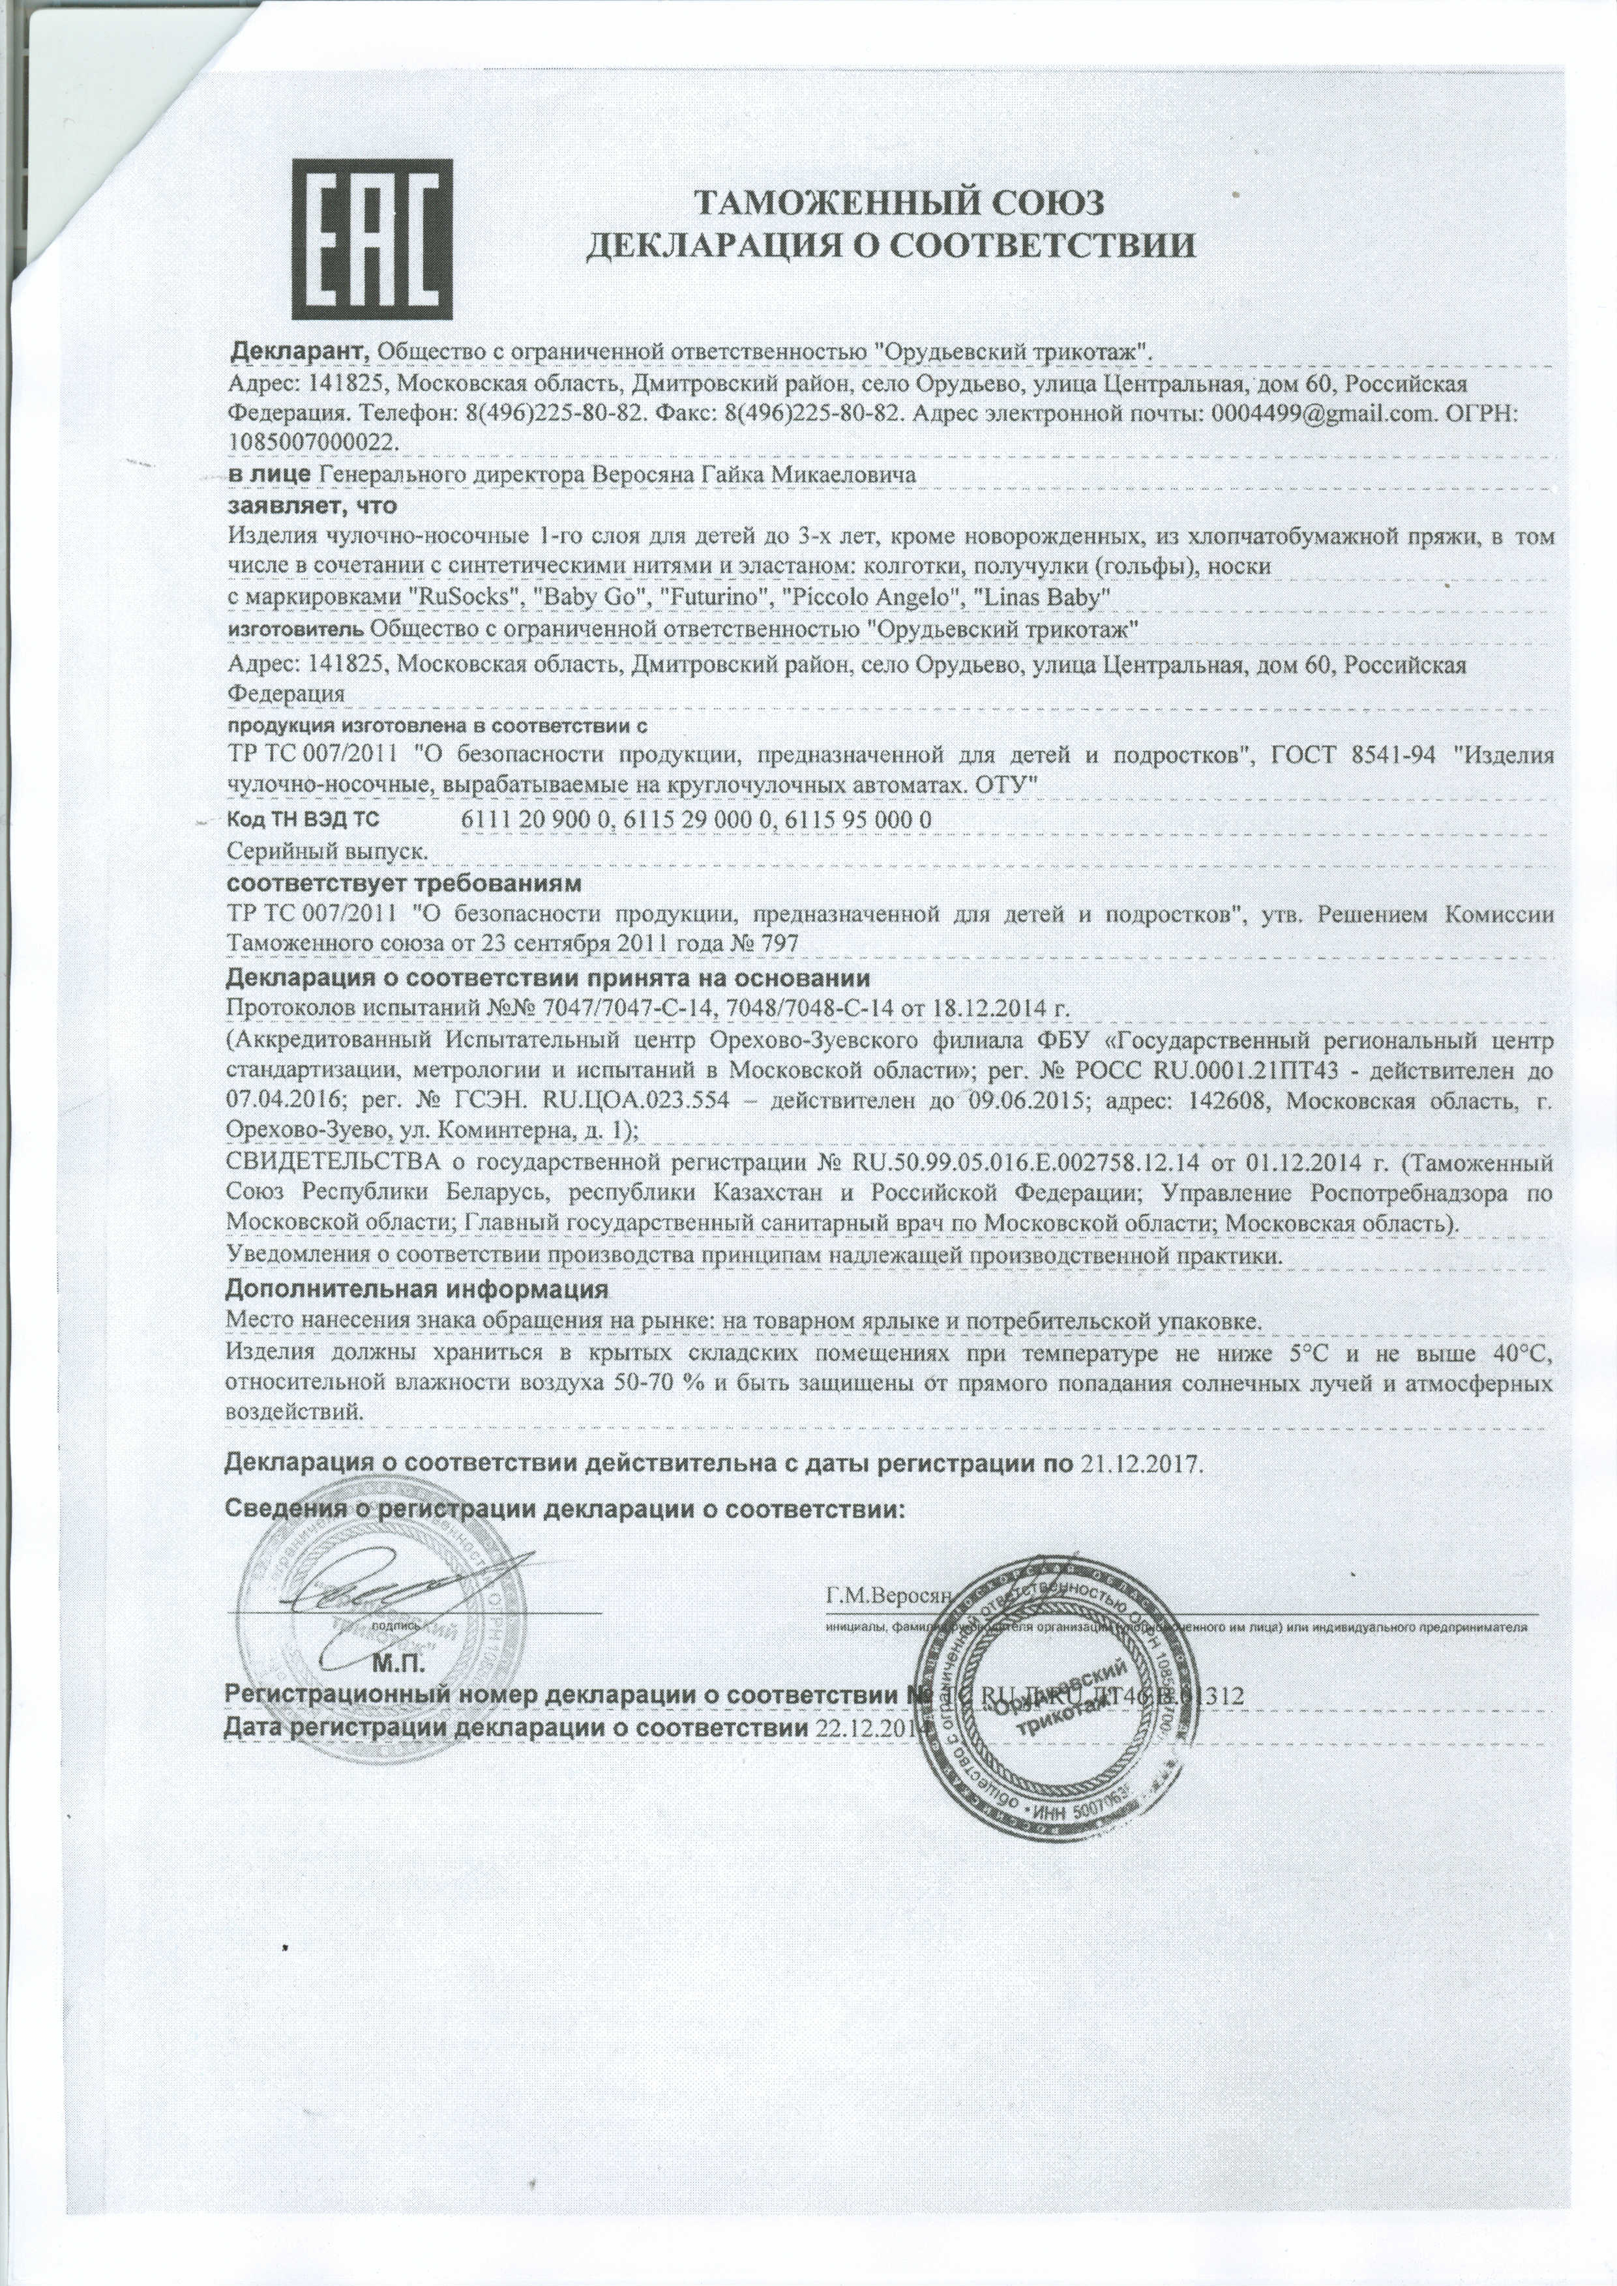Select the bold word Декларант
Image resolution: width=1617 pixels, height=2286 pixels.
[300, 351]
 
